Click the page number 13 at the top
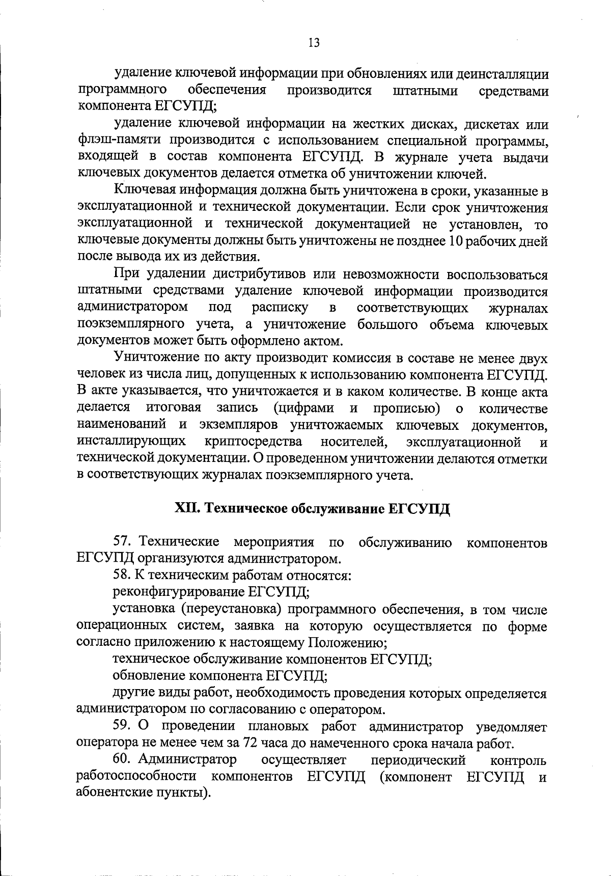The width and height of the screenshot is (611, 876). point(314,43)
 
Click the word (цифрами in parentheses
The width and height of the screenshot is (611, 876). point(303,408)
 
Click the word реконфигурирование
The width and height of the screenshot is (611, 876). point(178,592)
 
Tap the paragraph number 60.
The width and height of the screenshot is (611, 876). point(122,760)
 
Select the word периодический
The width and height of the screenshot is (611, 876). point(419,760)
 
